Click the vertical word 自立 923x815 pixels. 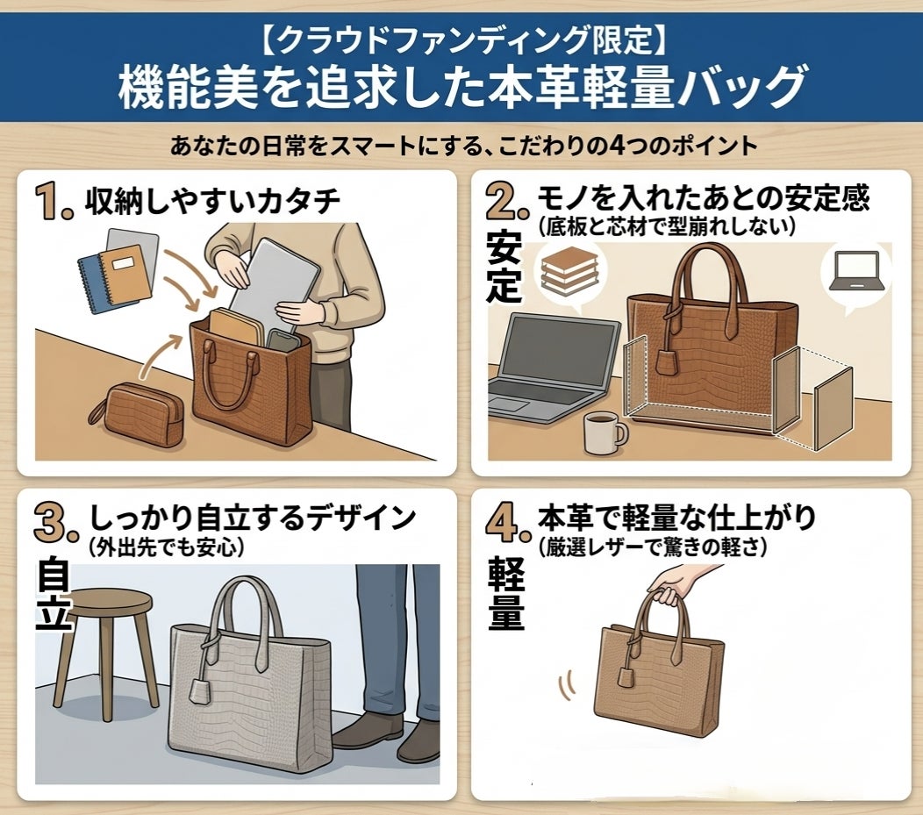(x=54, y=594)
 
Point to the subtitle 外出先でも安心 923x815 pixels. (x=166, y=547)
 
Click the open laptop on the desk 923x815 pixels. (x=554, y=368)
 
